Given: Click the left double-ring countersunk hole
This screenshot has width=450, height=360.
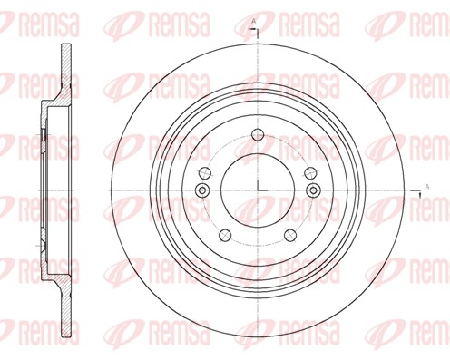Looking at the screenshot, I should point(202,189).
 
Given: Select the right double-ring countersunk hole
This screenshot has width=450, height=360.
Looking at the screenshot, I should point(315,189).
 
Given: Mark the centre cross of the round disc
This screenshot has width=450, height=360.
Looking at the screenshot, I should point(259,189).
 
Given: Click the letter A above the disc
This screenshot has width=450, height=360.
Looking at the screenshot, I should point(253,21).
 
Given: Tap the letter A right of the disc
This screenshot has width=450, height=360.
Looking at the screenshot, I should point(426,188).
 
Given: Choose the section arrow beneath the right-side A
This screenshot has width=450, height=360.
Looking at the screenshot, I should point(426,197).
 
